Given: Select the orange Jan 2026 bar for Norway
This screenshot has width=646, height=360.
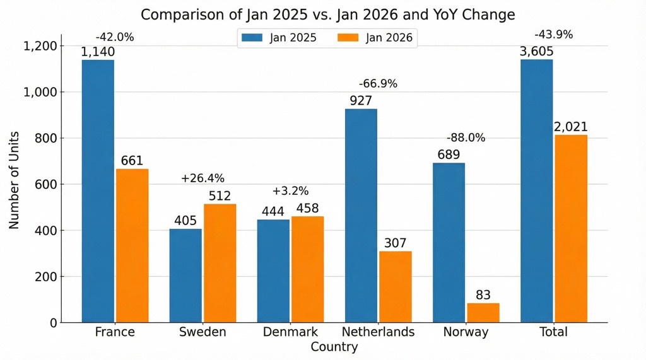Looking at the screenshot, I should coord(483,313).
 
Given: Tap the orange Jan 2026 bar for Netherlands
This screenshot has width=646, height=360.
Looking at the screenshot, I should coord(396,287).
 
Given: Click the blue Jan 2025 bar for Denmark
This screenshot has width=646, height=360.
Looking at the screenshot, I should coord(273,271).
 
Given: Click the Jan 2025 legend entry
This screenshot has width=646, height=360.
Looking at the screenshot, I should coord(278,38).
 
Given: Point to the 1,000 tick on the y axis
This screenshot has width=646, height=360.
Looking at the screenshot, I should coord(40,92).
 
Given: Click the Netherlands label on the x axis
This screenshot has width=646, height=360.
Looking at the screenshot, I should coord(378,332).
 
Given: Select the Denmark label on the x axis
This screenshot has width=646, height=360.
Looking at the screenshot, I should coord(290,332).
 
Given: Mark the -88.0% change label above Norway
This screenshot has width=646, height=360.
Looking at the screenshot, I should coord(466,138).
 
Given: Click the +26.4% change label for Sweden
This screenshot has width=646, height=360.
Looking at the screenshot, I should coord(203,178).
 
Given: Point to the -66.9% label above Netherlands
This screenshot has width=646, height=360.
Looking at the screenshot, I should coord(378,84).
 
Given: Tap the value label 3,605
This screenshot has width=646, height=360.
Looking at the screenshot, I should coord(536,52).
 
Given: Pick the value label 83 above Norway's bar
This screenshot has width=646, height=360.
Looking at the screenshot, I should coord(483,295).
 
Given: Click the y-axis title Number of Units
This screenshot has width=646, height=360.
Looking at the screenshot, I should coord(14,180).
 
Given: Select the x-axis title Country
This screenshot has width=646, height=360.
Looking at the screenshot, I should coord(334,347).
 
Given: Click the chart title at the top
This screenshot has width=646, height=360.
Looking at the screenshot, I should coord(327,14).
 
